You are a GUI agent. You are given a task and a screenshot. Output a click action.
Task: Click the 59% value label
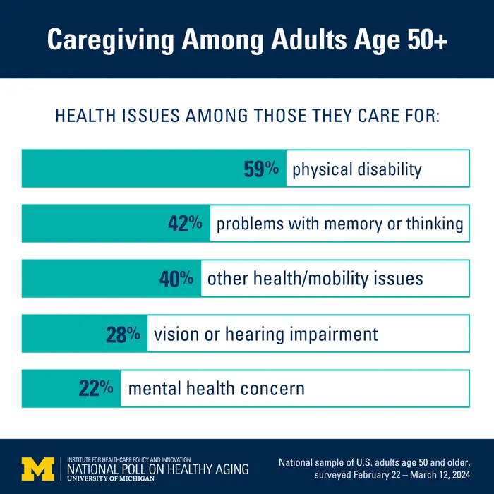pyautogui.click(x=262, y=169)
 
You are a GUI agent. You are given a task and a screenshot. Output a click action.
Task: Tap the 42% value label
pyautogui.click(x=185, y=224)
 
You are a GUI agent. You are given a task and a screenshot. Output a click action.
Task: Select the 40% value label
pyautogui.click(x=176, y=278)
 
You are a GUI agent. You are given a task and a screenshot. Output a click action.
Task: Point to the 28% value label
pyautogui.click(x=123, y=334)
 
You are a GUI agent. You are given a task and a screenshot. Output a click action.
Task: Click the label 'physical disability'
pyautogui.click(x=356, y=169)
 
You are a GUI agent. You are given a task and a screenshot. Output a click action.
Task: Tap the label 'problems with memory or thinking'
pyautogui.click(x=339, y=224)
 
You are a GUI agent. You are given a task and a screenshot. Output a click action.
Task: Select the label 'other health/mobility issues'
pyautogui.click(x=315, y=278)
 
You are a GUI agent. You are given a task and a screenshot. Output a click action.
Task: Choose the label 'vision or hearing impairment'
pyautogui.click(x=266, y=334)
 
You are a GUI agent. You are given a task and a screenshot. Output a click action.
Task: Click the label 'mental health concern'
pyautogui.click(x=216, y=388)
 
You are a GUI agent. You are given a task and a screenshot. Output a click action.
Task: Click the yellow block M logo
pyautogui.click(x=37, y=467)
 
